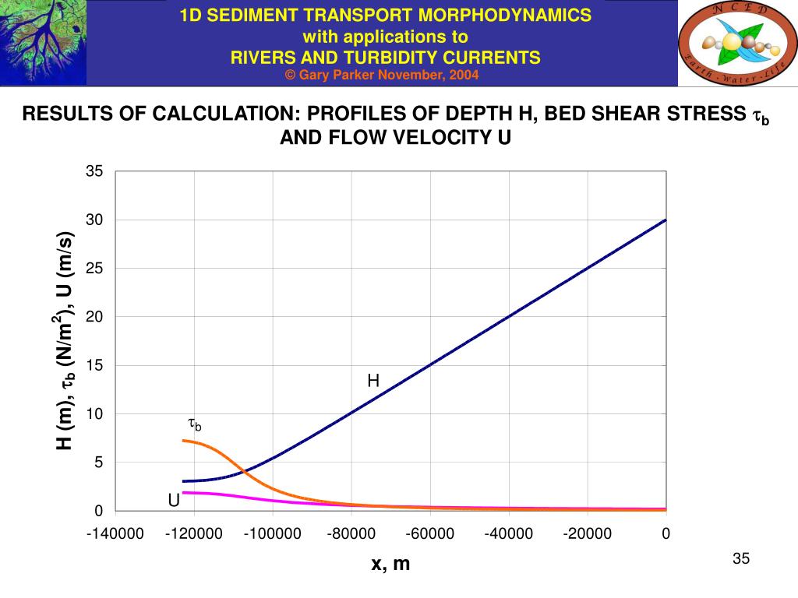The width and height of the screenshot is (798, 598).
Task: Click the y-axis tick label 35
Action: [x=94, y=171]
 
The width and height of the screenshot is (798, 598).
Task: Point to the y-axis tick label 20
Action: [x=94, y=317]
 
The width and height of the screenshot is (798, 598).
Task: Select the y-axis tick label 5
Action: [x=98, y=463]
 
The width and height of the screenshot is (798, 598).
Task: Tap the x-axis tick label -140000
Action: [x=115, y=533]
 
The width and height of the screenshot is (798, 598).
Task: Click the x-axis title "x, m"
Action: [x=390, y=564]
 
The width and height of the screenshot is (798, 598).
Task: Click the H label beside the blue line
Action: [x=373, y=381]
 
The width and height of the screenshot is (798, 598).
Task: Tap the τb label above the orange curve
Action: [x=195, y=424]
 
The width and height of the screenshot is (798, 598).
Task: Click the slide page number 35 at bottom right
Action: [x=740, y=559]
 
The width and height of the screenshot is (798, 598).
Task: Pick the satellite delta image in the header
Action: [x=43, y=42]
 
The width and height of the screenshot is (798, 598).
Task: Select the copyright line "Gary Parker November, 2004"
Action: [x=382, y=75]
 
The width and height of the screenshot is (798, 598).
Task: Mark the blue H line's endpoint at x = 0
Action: [x=666, y=220]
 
